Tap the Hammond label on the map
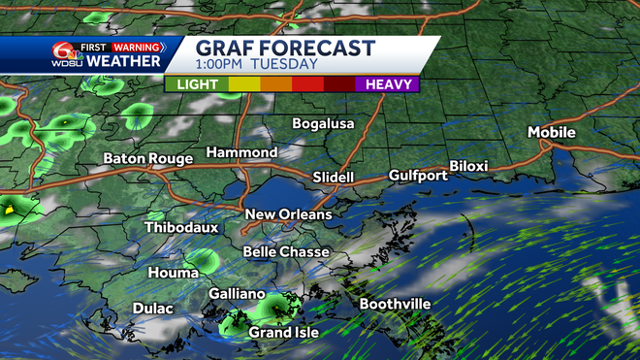pyautogui.click(x=241, y=152)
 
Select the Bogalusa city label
pyautogui.click(x=324, y=123)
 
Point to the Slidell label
pyautogui.click(x=334, y=178)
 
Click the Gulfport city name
pyautogui.click(x=418, y=176)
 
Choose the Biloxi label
pyautogui.click(x=469, y=166)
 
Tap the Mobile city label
pyautogui.click(x=552, y=132)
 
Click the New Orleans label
pyautogui.click(x=288, y=214)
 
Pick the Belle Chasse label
pyautogui.click(x=286, y=252)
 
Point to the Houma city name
pyautogui.click(x=174, y=273)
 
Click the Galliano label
pyautogui.click(x=237, y=293)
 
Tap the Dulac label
pyautogui.click(x=153, y=309)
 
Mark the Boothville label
pyautogui.click(x=395, y=304)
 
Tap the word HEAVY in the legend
pyautogui.click(x=391, y=84)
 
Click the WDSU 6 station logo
pyautogui.click(x=67, y=54)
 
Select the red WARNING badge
pyautogui.click(x=137, y=45)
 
